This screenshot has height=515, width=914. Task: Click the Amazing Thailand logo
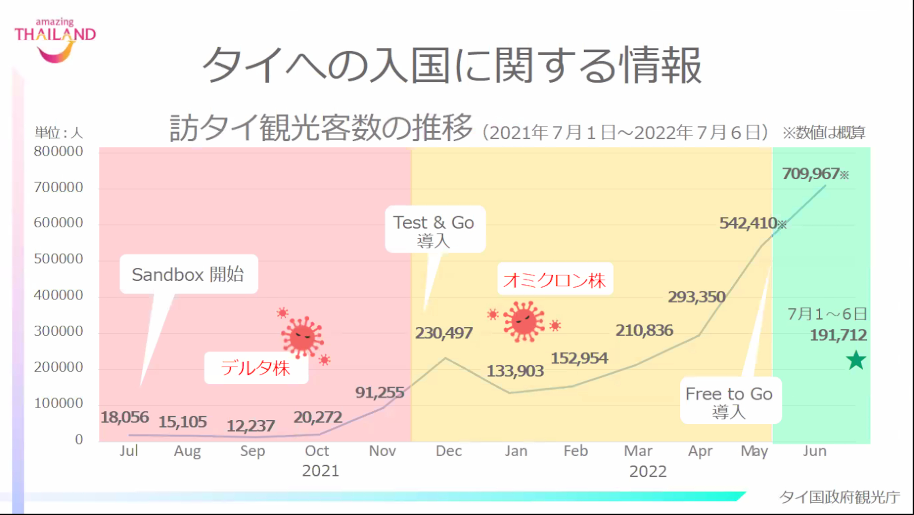point(55,40)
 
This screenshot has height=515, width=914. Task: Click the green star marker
point(856,360)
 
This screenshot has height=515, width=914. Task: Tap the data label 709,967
point(810,174)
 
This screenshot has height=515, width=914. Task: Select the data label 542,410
point(748,223)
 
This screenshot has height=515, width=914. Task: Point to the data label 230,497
point(444,333)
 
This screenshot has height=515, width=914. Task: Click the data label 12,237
point(250,426)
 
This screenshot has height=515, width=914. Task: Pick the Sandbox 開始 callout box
point(189,274)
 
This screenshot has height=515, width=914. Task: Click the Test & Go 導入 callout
point(435,230)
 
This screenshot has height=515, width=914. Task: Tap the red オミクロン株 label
point(555,280)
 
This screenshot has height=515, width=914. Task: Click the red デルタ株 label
point(256,368)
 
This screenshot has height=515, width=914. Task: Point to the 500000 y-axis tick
point(58,259)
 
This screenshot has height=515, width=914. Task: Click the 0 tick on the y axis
point(79,439)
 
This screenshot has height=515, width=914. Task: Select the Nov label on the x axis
point(382,451)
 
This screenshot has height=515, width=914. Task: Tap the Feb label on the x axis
point(576,451)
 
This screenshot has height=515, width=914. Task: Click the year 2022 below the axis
point(647,471)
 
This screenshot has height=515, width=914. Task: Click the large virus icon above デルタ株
point(302,337)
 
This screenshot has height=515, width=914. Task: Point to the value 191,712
point(838,335)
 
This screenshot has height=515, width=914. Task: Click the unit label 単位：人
point(59,132)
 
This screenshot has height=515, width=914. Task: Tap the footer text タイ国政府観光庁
point(839,497)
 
